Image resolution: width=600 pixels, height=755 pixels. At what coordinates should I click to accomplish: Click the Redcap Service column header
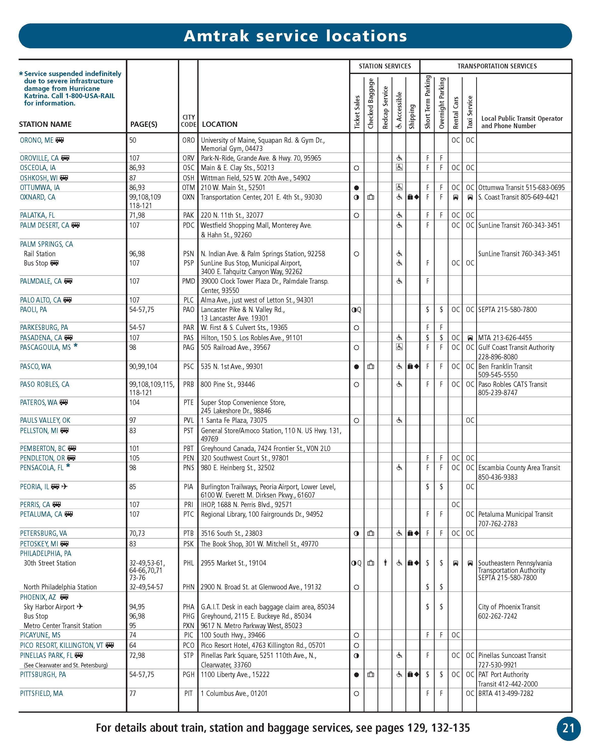385,107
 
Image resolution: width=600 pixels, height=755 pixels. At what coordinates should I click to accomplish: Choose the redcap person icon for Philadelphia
385,563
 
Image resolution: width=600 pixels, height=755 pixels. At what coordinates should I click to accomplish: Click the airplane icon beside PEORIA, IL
64,486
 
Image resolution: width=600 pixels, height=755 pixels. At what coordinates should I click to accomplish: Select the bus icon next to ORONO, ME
60,140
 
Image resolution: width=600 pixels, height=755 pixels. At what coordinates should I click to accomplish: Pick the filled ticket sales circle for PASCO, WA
357,367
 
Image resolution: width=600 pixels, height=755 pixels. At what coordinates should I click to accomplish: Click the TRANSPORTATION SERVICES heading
497,66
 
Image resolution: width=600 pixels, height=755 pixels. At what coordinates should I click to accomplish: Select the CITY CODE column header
189,121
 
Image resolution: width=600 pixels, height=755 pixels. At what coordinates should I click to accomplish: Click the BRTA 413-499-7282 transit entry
506,693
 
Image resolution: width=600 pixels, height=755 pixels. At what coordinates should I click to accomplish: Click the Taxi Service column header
470,112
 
